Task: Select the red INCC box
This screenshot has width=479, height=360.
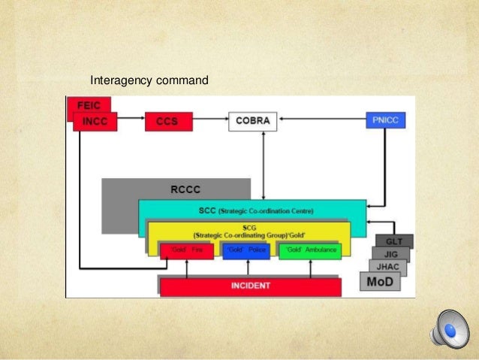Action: (95, 121)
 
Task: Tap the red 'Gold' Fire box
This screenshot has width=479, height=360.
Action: (186, 250)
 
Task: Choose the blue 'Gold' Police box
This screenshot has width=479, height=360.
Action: (245, 250)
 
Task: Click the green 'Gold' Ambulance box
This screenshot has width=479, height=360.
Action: (309, 250)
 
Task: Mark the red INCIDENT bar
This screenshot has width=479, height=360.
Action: (250, 286)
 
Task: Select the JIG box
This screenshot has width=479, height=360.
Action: (391, 254)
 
